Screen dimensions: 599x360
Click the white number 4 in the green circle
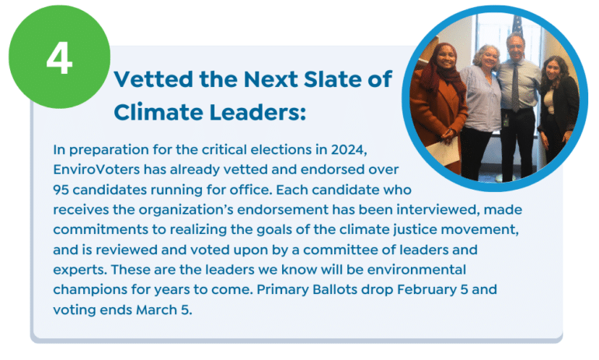(x=59, y=58)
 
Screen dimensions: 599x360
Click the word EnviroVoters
(x=96, y=170)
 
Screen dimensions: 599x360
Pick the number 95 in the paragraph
(x=61, y=190)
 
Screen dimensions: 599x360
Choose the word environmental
(x=416, y=270)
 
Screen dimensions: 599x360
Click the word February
(x=427, y=290)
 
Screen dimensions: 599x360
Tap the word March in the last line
(x=156, y=309)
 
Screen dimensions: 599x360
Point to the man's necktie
(x=515, y=87)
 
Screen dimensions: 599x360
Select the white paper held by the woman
(x=443, y=152)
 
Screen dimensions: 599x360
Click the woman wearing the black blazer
(x=558, y=110)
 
